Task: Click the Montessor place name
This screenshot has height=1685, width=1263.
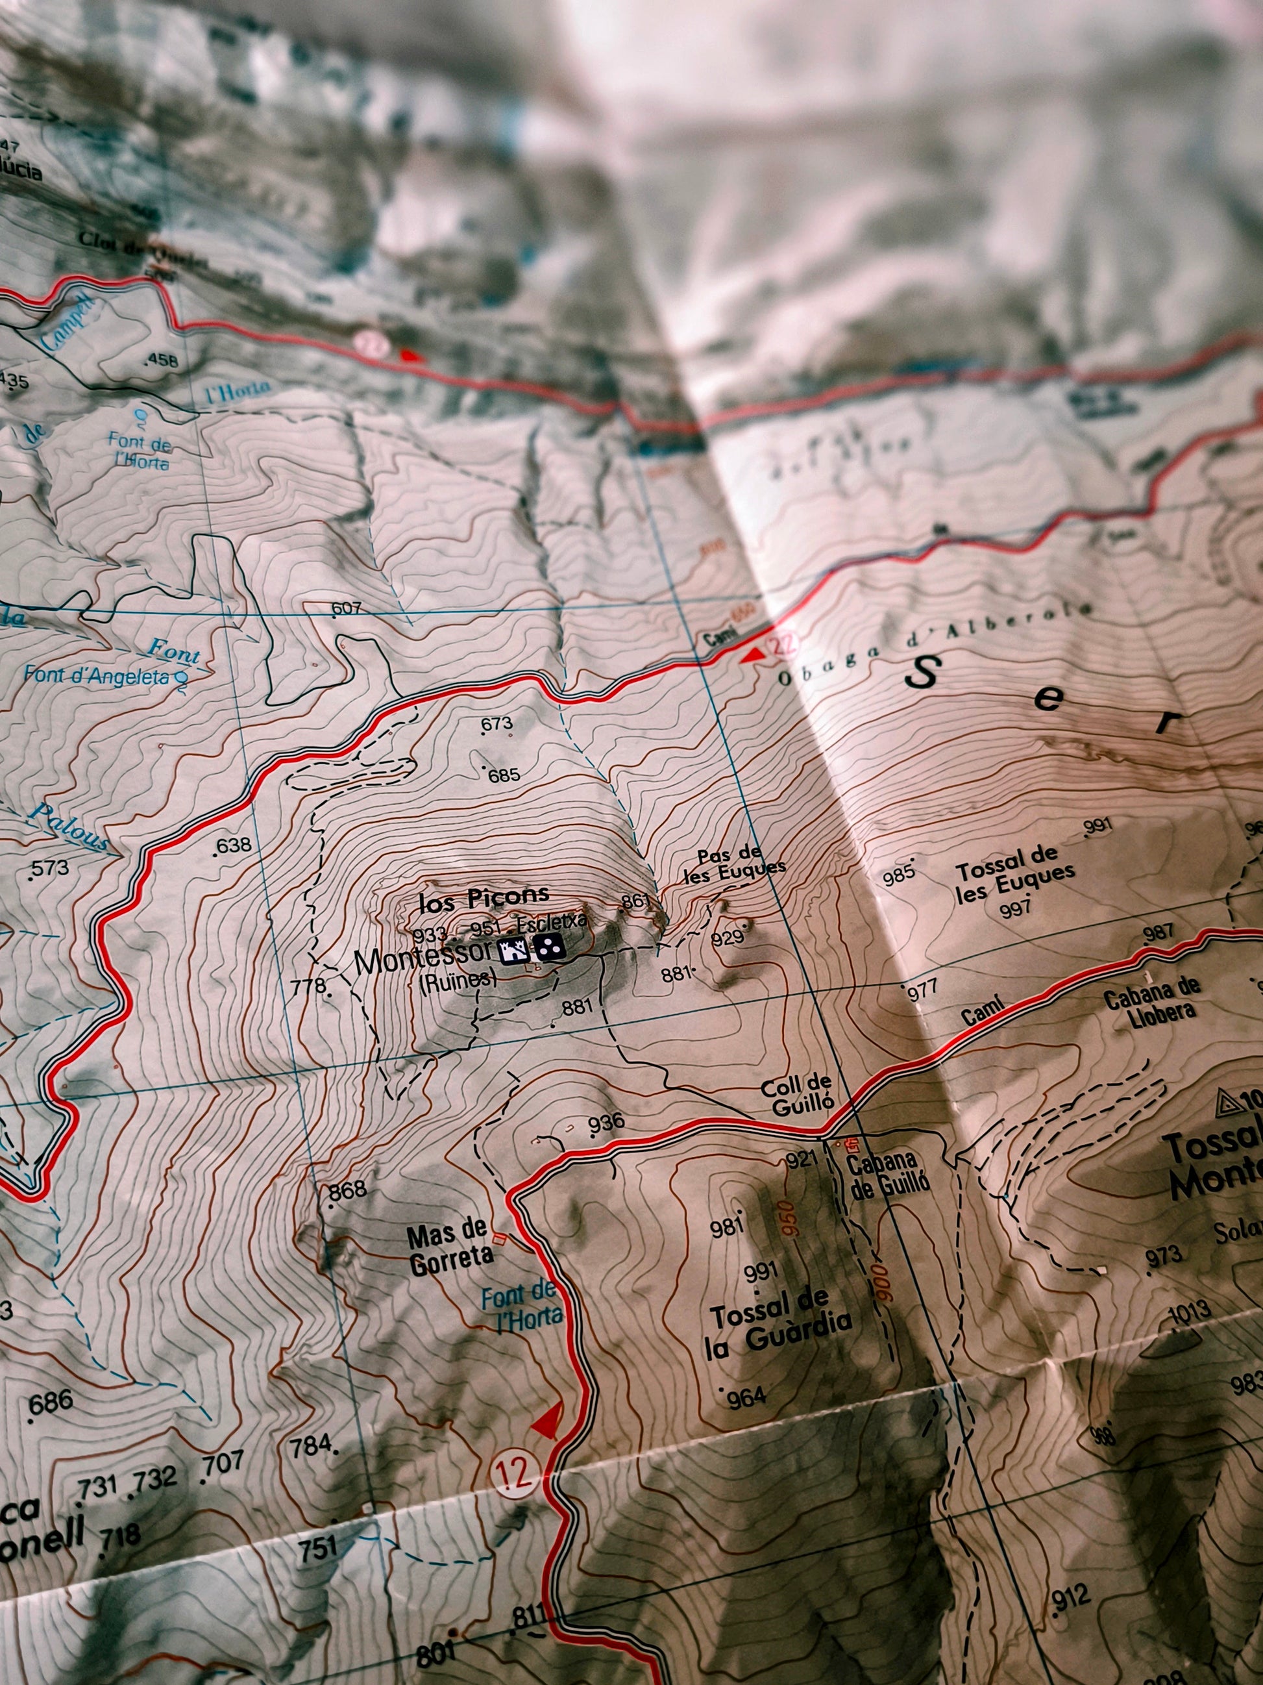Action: click(423, 959)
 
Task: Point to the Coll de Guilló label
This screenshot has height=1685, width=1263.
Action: click(796, 1096)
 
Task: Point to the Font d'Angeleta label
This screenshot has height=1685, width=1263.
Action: click(97, 675)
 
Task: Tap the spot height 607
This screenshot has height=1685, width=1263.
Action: click(347, 608)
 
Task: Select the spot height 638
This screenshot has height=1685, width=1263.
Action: click(233, 845)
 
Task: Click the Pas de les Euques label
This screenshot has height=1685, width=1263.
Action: click(734, 865)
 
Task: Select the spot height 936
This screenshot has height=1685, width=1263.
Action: click(606, 1121)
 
